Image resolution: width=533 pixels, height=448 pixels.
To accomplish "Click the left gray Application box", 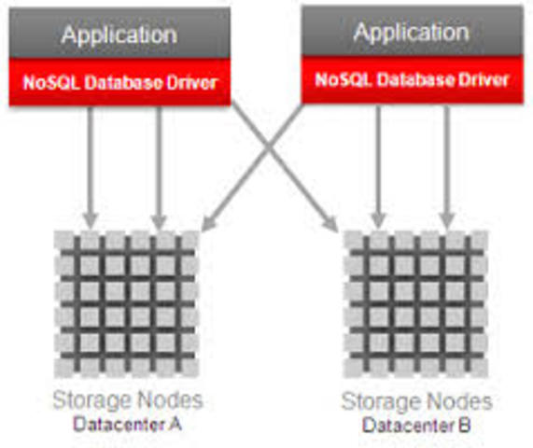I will click(x=119, y=35).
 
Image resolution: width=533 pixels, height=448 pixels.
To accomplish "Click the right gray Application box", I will click(x=410, y=32).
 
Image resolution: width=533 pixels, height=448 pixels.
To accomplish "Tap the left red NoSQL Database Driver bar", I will click(x=119, y=82).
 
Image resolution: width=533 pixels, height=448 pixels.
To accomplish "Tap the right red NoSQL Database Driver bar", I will click(x=410, y=80).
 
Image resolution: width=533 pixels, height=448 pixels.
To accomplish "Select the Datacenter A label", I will click(x=127, y=425).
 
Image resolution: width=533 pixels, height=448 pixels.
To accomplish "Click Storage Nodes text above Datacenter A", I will click(x=127, y=401).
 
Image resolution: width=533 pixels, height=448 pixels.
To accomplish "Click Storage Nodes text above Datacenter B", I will click(x=417, y=402).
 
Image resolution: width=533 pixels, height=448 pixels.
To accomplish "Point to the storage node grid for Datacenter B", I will click(x=415, y=301).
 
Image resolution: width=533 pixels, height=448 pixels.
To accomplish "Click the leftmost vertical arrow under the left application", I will click(x=91, y=163).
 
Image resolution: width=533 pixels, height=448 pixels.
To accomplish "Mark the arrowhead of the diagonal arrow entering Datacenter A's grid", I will click(x=207, y=225).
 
